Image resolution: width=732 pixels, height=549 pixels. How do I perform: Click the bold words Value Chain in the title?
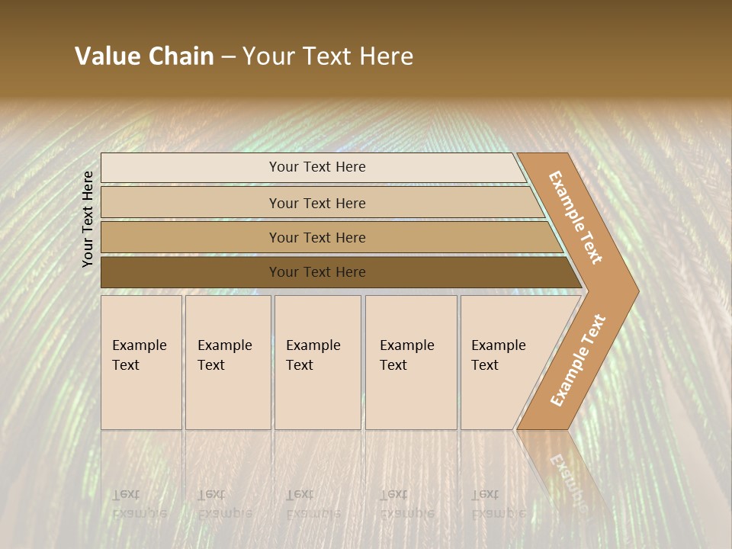point(144,56)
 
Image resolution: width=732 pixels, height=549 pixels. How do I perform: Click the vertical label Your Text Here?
point(88,219)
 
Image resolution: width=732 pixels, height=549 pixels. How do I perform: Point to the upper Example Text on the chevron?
point(576,217)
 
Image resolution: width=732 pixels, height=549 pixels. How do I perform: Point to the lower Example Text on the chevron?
point(578,360)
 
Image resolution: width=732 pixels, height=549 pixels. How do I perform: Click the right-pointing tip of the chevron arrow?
point(634,290)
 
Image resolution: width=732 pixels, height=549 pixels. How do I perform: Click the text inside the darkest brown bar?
point(317,272)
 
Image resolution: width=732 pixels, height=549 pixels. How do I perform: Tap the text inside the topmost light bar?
point(317,167)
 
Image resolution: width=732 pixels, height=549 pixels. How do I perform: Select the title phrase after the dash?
point(328,56)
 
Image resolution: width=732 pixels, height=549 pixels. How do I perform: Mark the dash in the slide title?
point(228,57)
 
